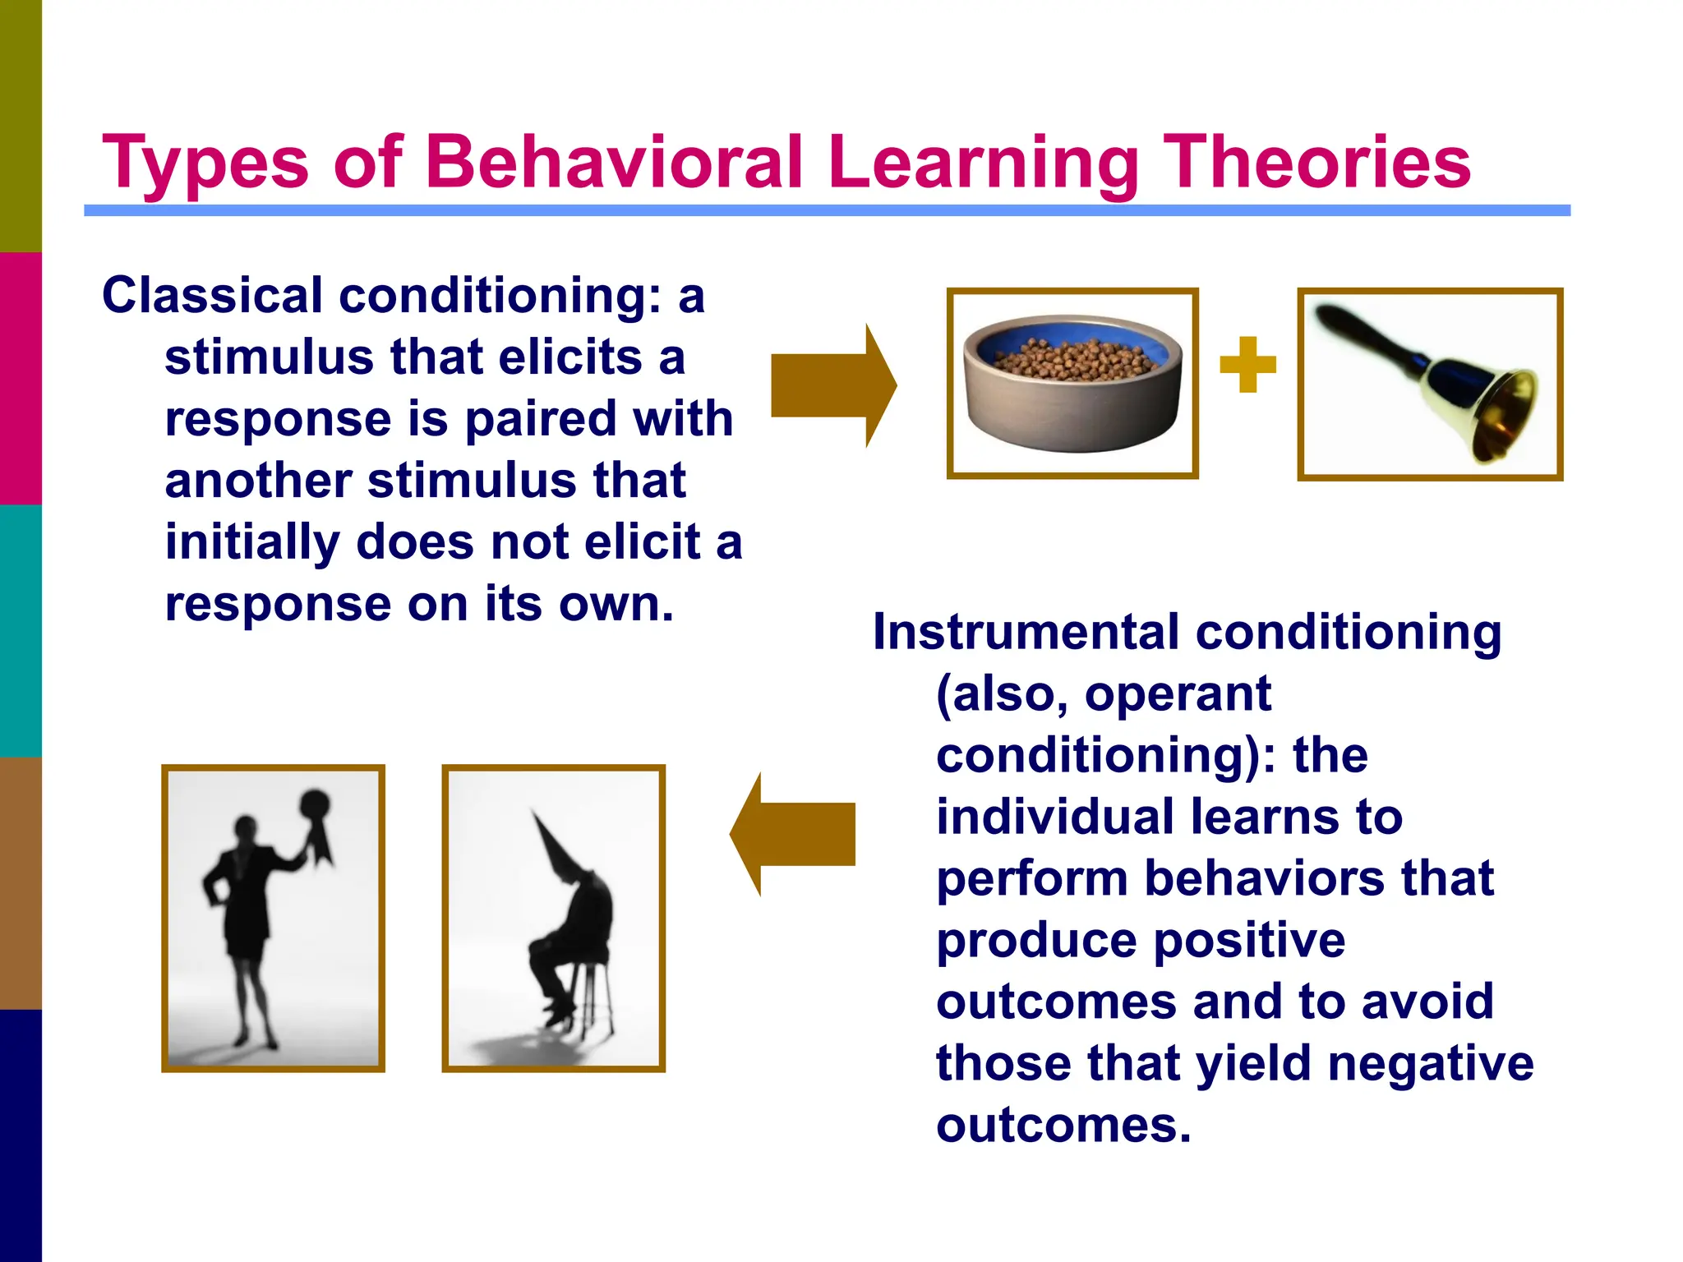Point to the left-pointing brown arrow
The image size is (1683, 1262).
point(793,834)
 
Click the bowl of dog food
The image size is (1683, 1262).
point(1072,382)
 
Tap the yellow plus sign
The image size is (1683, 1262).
point(1247,364)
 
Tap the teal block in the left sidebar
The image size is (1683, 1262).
point(21,630)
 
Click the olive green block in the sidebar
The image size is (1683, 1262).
point(21,125)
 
